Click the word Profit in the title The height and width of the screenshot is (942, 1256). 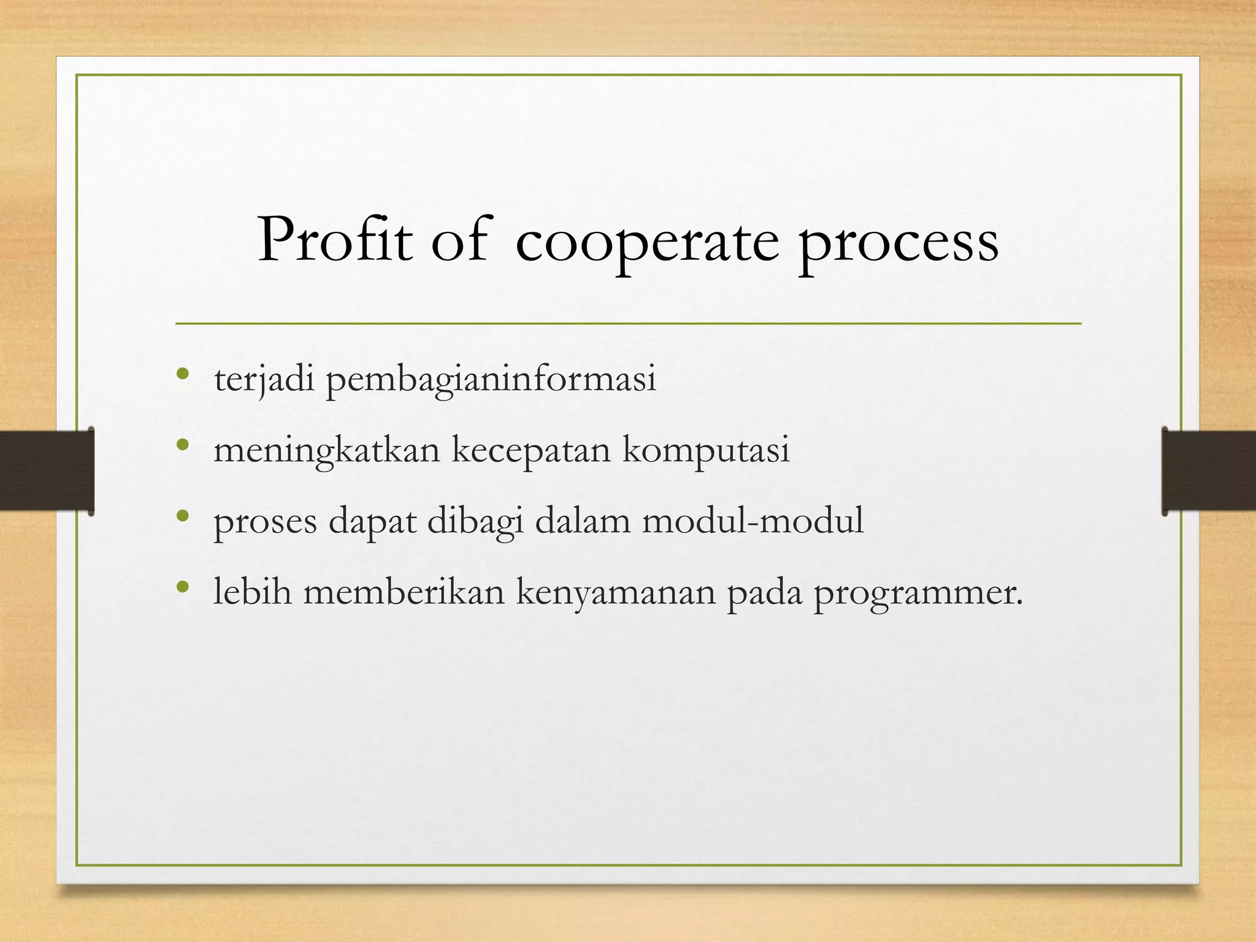334,241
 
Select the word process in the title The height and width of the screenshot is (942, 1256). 898,244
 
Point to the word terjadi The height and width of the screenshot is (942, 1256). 264,379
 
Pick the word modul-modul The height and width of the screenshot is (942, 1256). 752,521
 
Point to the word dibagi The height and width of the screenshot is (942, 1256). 475,521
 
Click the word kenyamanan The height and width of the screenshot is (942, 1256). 616,592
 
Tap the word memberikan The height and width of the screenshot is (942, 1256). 404,592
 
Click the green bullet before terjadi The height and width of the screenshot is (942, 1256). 182,373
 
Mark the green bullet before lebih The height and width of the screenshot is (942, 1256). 182,588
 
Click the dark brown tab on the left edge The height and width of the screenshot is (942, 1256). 47,471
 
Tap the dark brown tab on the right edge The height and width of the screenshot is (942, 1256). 1209,471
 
